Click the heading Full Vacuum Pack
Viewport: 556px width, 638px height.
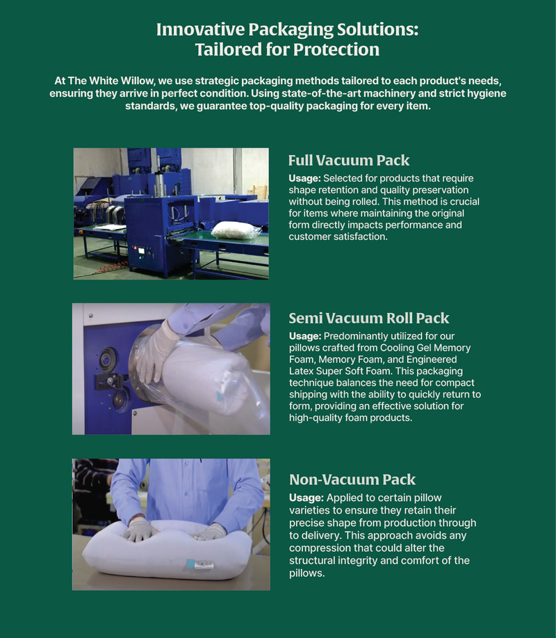[349, 160]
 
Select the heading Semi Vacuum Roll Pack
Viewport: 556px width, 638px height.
[369, 318]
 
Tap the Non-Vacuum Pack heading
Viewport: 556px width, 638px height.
[352, 480]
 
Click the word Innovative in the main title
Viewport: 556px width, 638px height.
[200, 30]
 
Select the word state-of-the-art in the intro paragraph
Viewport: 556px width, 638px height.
[321, 93]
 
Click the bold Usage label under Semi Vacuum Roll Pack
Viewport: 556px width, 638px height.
[305, 337]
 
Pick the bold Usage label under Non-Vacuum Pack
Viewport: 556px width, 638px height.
[306, 498]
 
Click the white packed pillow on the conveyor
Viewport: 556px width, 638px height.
[236, 230]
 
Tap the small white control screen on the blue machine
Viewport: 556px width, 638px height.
[142, 250]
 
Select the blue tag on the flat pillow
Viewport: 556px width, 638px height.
[190, 564]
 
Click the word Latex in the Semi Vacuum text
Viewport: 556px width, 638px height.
[301, 371]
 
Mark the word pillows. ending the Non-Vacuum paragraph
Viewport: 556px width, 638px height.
[307, 574]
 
